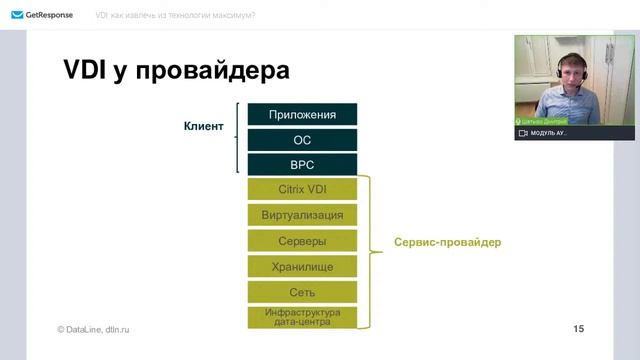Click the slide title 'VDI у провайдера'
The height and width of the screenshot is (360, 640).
[176, 71]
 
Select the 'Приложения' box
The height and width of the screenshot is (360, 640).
[302, 114]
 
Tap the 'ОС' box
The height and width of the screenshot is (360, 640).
[302, 140]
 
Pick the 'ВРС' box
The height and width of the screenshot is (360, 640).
[302, 165]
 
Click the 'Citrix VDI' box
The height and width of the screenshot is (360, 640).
[302, 188]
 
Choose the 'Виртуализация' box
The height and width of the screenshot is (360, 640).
[302, 214]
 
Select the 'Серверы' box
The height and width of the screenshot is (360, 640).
[302, 241]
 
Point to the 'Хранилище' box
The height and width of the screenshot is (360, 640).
[302, 267]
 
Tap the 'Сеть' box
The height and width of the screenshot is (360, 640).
[302, 293]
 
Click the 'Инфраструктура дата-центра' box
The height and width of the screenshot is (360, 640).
[302, 317]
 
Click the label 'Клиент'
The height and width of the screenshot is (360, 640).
[203, 127]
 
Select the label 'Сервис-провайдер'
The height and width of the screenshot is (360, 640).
[447, 242]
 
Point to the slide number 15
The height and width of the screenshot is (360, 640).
[579, 328]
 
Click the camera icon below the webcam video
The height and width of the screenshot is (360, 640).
[522, 132]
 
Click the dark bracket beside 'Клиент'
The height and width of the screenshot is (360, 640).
[238, 138]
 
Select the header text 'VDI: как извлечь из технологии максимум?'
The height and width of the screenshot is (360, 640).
[174, 15]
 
